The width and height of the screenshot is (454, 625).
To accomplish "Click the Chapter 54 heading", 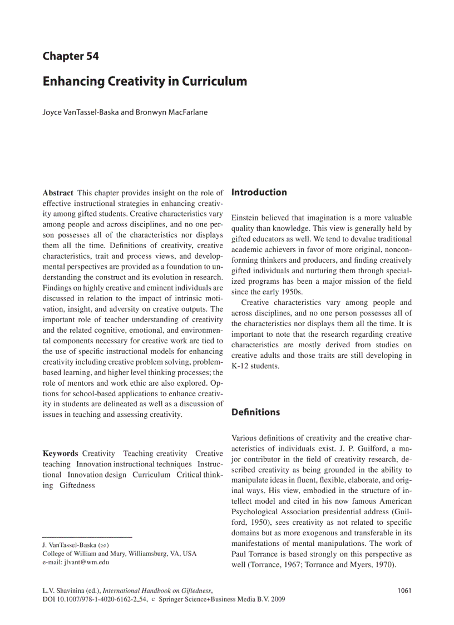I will coord(71,56).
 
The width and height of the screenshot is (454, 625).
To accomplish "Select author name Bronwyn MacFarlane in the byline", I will coord(172,112).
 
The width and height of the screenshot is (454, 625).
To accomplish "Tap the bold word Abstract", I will coord(57,193).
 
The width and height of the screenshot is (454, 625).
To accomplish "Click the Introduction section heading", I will coord(259,193).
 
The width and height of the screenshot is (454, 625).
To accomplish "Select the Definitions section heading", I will coord(255,412).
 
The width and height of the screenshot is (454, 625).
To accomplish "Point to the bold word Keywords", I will coord(60,454).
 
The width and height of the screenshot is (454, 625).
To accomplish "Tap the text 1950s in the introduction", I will coord(292,292).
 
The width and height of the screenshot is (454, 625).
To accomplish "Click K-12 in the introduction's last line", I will coord(240,366).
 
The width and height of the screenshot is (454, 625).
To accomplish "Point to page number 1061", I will coord(404,590).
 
